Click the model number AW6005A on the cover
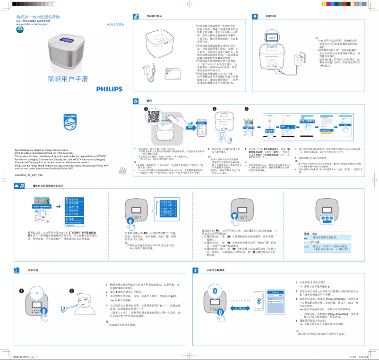tap(115, 24)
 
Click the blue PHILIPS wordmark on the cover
tap(109, 88)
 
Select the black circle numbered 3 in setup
tap(246, 109)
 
